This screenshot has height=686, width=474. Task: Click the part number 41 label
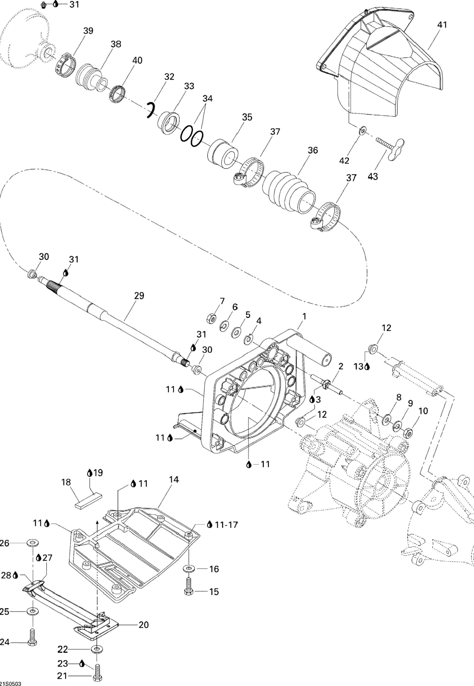tap(442, 25)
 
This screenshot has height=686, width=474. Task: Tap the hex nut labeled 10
tap(408, 434)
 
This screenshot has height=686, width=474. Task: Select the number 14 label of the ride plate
tap(174, 480)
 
